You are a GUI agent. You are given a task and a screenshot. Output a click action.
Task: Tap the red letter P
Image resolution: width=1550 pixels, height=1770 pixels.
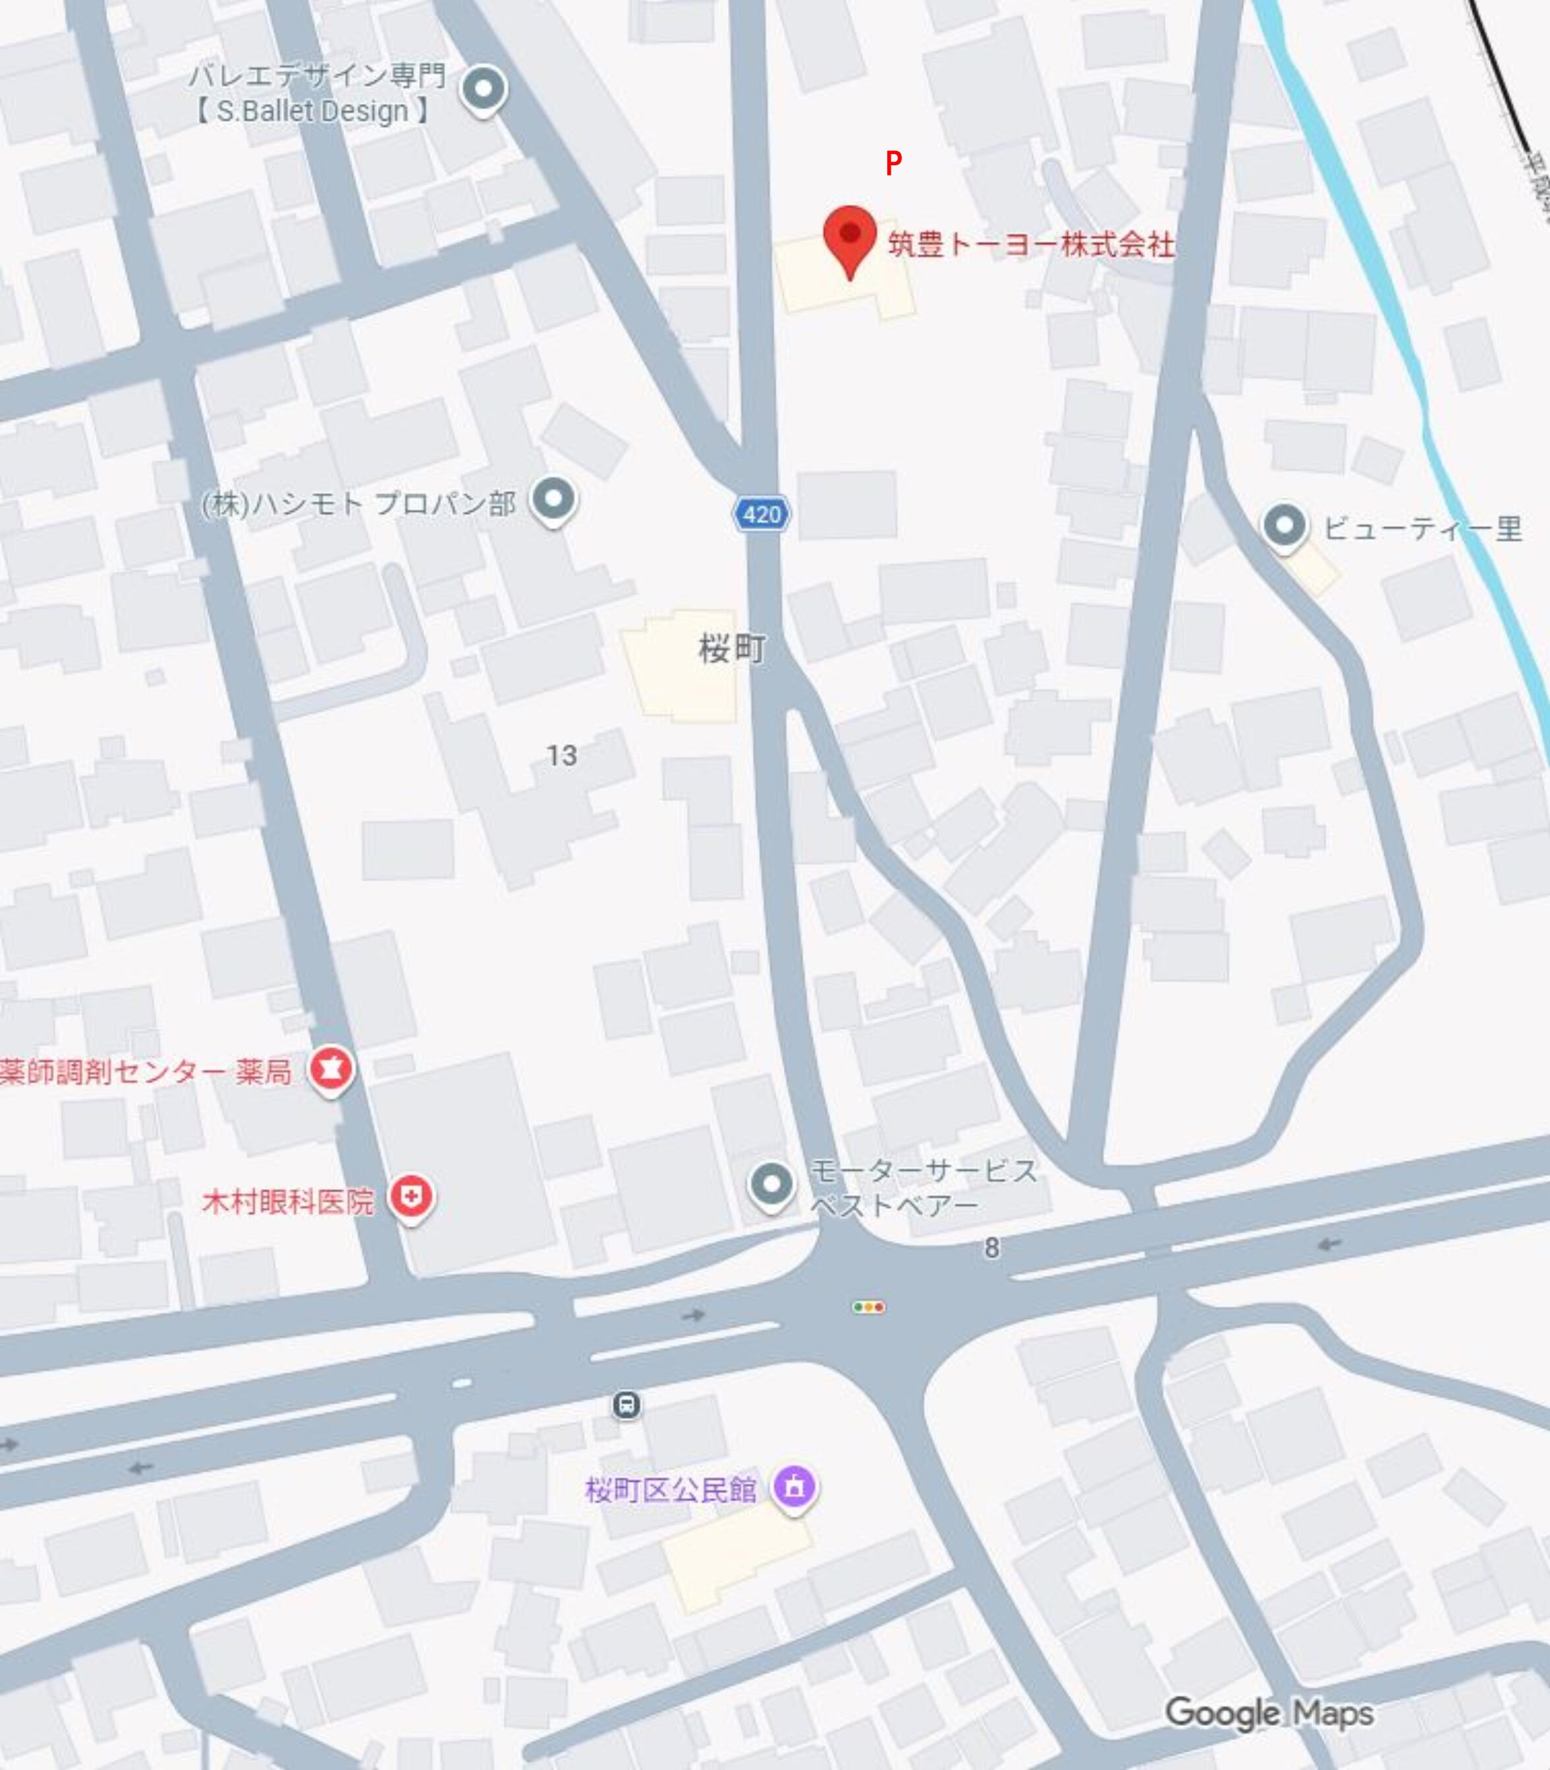pyautogui.click(x=893, y=163)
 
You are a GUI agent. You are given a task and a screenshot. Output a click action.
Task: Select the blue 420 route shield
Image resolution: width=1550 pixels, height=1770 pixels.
pyautogui.click(x=761, y=514)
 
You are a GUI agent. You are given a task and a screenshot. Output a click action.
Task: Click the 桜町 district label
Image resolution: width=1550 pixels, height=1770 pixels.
pyautogui.click(x=732, y=649)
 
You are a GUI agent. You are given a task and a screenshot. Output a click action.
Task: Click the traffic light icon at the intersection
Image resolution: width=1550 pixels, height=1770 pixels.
pyautogui.click(x=868, y=1306)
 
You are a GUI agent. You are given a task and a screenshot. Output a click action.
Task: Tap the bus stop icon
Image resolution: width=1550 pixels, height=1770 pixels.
pyautogui.click(x=626, y=1405)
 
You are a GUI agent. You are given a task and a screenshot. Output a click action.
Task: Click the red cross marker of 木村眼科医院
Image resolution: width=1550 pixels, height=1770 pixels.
pyautogui.click(x=411, y=1198)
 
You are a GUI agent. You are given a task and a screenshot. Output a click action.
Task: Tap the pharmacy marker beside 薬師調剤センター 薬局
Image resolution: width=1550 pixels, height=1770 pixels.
pyautogui.click(x=331, y=1069)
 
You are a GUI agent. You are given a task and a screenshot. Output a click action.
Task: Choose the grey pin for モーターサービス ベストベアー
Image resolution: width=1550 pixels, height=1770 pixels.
pyautogui.click(x=771, y=1185)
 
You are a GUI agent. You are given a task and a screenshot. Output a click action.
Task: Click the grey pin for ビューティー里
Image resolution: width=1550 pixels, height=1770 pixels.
pyautogui.click(x=1285, y=525)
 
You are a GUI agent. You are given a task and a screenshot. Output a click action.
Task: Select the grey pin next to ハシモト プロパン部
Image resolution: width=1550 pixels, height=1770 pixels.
pyautogui.click(x=553, y=500)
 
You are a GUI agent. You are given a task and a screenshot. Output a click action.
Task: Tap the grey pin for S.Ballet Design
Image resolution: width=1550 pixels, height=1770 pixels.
pyautogui.click(x=484, y=89)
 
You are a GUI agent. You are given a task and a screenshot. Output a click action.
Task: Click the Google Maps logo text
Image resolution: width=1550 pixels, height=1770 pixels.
pyautogui.click(x=1268, y=1712)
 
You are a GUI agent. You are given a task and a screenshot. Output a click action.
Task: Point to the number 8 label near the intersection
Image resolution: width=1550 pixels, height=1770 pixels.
pyautogui.click(x=991, y=1248)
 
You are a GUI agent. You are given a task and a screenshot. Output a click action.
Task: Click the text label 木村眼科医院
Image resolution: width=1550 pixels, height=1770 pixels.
pyautogui.click(x=287, y=1201)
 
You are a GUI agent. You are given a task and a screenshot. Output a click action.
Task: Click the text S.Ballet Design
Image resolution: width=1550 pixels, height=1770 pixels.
pyautogui.click(x=312, y=111)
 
